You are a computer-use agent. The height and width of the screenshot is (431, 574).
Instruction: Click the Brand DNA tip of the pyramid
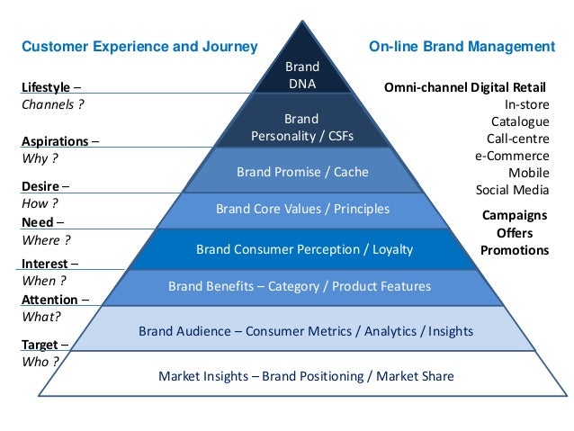301,75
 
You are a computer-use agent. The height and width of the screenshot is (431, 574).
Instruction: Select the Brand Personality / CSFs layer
301,128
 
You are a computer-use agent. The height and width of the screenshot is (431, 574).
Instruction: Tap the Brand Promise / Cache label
302,171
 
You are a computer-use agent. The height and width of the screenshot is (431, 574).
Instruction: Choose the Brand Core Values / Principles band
302,209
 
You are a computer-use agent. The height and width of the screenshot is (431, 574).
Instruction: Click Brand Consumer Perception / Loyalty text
304,248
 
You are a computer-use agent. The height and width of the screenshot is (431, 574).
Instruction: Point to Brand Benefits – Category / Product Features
300,286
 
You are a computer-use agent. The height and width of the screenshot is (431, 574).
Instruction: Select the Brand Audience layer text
305,331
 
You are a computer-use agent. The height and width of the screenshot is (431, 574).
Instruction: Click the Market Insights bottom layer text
306,376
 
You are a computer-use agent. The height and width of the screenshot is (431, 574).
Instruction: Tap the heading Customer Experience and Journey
139,45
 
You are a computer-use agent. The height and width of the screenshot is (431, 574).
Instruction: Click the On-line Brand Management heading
462,45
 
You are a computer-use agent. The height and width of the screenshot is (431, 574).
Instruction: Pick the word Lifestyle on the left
45,87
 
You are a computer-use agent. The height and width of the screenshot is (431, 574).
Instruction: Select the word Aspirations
55,142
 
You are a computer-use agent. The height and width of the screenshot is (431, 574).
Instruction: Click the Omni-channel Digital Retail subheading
465,88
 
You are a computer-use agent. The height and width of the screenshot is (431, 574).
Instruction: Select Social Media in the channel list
512,190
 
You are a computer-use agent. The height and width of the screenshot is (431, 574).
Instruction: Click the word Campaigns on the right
515,216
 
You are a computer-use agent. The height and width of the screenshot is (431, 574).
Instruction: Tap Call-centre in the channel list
517,139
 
